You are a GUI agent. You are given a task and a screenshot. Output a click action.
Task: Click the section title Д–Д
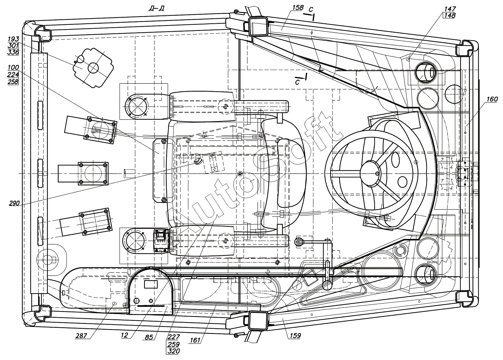pyautogui.click(x=157, y=9)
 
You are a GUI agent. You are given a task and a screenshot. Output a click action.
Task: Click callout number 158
pyautogui.click(x=298, y=8)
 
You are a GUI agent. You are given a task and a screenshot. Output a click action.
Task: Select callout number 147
pyautogui.click(x=450, y=9)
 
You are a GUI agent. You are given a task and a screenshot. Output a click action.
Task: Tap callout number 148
pyautogui.click(x=450, y=15)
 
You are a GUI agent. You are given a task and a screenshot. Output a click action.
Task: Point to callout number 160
pyautogui.click(x=492, y=99)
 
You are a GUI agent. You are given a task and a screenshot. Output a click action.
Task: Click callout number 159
pyautogui.click(x=295, y=336)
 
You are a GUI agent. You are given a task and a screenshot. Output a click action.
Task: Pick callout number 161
pyautogui.click(x=195, y=340)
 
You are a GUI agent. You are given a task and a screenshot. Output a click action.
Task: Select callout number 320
pyautogui.click(x=174, y=351)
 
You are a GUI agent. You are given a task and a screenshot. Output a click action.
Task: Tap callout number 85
pyautogui.click(x=149, y=337)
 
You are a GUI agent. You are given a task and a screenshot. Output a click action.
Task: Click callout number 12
pyautogui.click(x=124, y=335)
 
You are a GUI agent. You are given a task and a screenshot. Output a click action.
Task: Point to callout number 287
pyautogui.click(x=81, y=336)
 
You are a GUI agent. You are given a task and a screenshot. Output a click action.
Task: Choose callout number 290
pyautogui.click(x=14, y=203)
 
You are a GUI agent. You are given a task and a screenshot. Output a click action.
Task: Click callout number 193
pyautogui.click(x=13, y=39)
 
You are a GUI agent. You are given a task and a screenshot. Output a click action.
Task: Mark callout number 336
pyautogui.click(x=13, y=52)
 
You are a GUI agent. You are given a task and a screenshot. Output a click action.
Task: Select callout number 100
pyautogui.click(x=13, y=68)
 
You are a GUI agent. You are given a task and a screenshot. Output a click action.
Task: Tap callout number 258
pyautogui.click(x=13, y=82)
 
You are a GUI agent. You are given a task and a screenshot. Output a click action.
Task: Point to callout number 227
pyautogui.click(x=174, y=337)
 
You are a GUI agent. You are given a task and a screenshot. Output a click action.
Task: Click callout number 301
pyautogui.click(x=13, y=46)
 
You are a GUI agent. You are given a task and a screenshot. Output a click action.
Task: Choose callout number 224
pyautogui.click(x=13, y=75)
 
